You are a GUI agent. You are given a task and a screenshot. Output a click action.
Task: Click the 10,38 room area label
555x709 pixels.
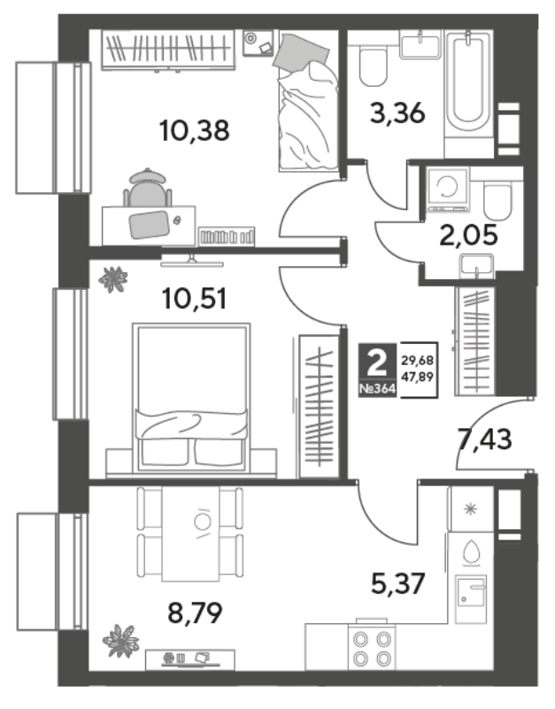[194, 130]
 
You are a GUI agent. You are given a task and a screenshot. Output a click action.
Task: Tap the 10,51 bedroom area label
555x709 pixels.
[195, 299]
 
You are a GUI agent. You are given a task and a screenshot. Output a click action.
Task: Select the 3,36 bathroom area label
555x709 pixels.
[397, 113]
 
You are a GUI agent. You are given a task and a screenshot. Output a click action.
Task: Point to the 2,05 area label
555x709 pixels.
[468, 235]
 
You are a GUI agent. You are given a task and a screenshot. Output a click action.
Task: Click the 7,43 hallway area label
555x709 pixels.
[485, 439]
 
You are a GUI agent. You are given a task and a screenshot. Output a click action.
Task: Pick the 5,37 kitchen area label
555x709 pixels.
[397, 583]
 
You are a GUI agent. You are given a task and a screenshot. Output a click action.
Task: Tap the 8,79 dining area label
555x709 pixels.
[195, 613]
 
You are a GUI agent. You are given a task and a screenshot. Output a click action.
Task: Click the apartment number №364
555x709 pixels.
[377, 389]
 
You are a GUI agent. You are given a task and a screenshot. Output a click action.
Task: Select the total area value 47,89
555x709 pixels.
[418, 376]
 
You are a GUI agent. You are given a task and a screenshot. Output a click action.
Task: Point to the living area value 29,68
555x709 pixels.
[418, 361]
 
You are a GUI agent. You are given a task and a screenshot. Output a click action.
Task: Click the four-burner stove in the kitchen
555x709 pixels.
[372, 648]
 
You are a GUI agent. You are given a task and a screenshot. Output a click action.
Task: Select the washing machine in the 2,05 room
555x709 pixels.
[448, 190]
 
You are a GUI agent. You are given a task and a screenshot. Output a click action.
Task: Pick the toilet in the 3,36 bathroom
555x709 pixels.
[374, 66]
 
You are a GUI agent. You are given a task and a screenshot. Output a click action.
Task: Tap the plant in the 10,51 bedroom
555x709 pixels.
[113, 279]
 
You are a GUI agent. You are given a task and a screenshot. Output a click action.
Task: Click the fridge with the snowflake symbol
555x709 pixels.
[470, 509]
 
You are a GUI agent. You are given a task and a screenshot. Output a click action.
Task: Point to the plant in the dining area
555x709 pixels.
[120, 641]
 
